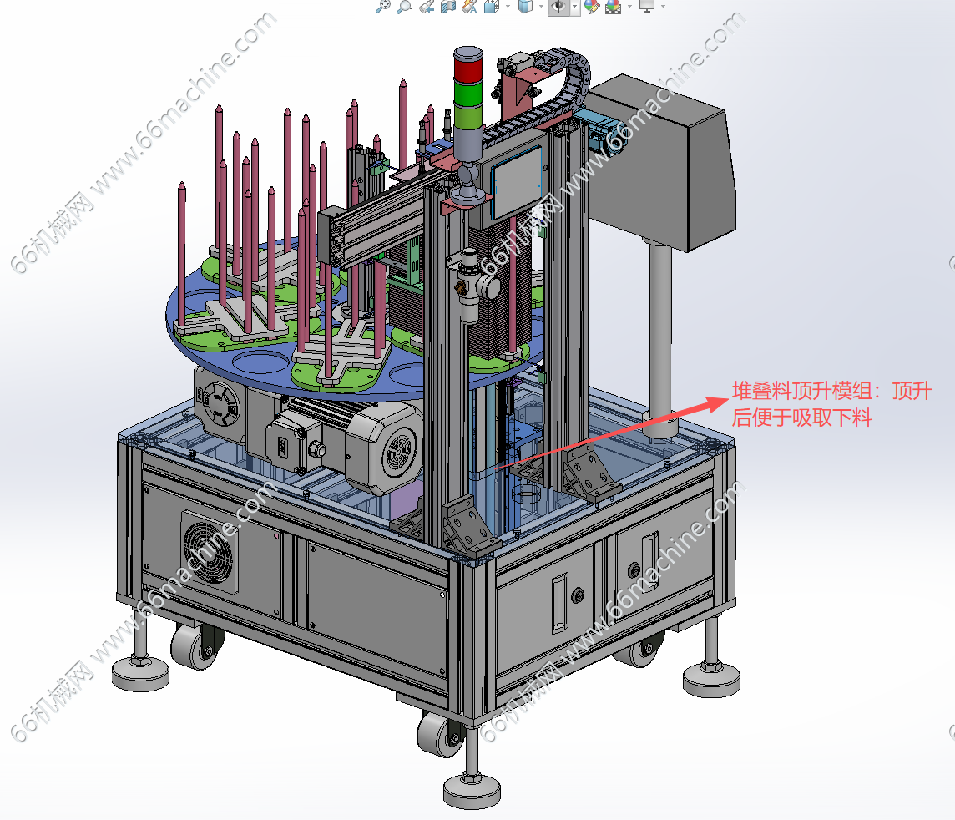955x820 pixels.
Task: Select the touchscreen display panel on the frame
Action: click(x=517, y=181)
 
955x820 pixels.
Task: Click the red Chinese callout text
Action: click(x=831, y=404)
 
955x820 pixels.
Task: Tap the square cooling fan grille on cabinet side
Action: click(x=210, y=551)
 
